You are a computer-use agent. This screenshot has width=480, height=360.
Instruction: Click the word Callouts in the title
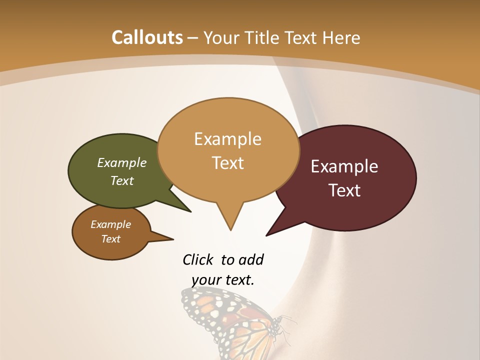click(x=147, y=37)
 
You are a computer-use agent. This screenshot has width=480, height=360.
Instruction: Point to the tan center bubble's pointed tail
click(x=230, y=220)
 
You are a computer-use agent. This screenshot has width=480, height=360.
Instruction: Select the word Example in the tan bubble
click(x=227, y=139)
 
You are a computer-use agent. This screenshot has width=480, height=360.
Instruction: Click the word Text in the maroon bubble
click(x=344, y=190)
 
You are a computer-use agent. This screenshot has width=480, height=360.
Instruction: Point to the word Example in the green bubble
click(x=122, y=163)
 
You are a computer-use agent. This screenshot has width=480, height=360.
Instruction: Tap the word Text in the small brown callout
click(x=110, y=239)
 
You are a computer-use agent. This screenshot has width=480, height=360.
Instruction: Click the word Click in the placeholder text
click(x=198, y=259)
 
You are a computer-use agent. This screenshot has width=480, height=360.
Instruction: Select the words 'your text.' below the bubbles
click(x=223, y=280)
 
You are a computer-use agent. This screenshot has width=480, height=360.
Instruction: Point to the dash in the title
click(x=193, y=38)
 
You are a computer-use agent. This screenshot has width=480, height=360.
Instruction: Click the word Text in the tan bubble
click(x=227, y=163)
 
